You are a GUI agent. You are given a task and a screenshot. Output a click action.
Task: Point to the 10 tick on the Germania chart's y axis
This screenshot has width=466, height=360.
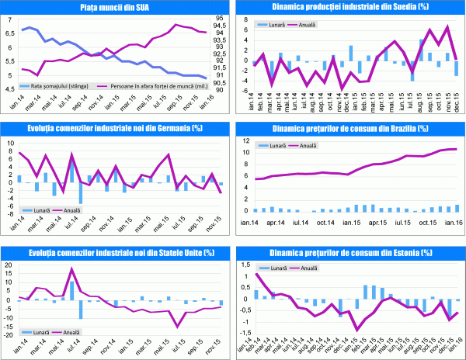9,144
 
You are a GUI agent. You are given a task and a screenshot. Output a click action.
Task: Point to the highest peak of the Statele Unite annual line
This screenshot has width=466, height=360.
72,270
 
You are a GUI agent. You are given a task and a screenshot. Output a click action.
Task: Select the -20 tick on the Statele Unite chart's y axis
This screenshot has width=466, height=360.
8,336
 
